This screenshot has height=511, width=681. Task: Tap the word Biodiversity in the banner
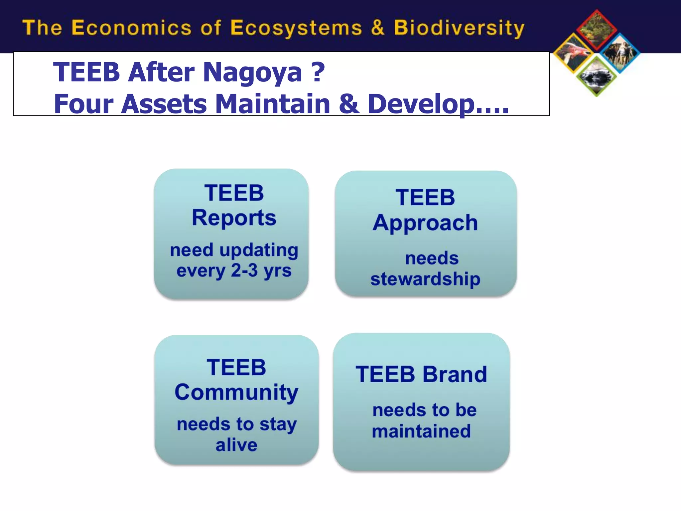pyautogui.click(x=459, y=28)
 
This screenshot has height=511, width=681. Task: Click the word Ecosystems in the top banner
pyautogui.click(x=296, y=28)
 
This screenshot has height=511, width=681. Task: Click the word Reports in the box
pyautogui.click(x=234, y=218)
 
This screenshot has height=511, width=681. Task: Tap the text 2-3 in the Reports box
pyautogui.click(x=244, y=270)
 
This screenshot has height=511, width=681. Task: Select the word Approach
pyautogui.click(x=425, y=223)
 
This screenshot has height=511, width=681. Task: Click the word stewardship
pyautogui.click(x=425, y=279)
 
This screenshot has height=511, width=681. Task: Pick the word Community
pyautogui.click(x=236, y=393)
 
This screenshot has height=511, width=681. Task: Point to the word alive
pyautogui.click(x=236, y=445)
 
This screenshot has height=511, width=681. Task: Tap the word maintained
pyautogui.click(x=421, y=431)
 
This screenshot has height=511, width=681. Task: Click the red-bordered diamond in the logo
pyautogui.click(x=597, y=30)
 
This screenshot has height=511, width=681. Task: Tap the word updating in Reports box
pyautogui.click(x=258, y=250)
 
